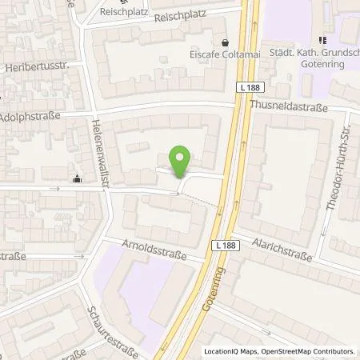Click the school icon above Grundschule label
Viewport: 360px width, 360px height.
pyautogui.click(x=323, y=39)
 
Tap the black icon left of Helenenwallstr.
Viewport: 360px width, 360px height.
pyautogui.click(x=76, y=178)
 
